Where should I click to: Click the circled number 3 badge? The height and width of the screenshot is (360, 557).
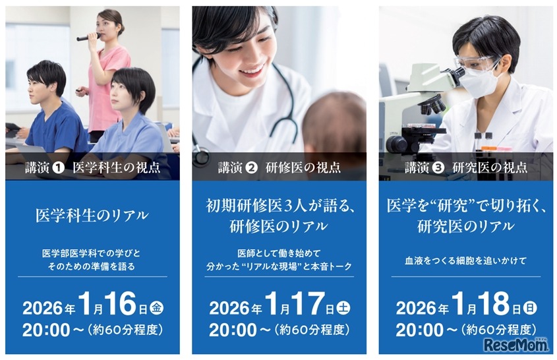click(437, 167)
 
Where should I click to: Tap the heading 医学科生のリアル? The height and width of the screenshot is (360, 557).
click(92, 215)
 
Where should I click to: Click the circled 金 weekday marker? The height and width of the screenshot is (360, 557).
click(156, 307)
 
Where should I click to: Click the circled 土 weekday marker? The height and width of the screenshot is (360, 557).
click(343, 307)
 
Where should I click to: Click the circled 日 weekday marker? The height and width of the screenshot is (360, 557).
click(529, 307)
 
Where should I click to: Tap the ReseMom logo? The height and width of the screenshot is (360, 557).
click(516, 345)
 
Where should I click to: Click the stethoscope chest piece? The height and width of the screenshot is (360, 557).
click(201, 157)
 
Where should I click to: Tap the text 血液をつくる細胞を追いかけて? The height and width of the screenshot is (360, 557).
click(465, 260)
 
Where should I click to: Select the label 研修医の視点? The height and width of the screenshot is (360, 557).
click(308, 167)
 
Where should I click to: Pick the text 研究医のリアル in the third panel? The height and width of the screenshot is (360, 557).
click(465, 226)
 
